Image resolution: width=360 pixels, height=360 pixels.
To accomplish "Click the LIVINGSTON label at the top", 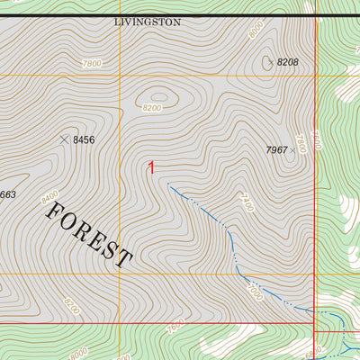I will click(x=148, y=22).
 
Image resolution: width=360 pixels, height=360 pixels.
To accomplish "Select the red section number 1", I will click(x=152, y=167).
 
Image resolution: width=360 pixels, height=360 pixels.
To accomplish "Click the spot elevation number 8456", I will click(x=84, y=140).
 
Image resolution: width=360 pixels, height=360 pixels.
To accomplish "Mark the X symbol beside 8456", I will click(x=64, y=139).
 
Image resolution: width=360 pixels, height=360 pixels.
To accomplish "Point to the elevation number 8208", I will click(x=287, y=62).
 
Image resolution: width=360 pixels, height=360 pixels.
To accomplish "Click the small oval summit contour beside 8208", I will click(x=267, y=62).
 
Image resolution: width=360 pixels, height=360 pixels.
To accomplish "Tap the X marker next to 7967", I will click(x=292, y=150).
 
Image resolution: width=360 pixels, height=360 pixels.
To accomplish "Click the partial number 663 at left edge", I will click(x=7, y=194).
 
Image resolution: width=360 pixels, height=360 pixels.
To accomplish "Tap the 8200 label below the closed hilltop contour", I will click(x=153, y=108).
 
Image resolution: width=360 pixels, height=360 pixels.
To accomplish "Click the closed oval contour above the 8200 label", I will click(x=158, y=94).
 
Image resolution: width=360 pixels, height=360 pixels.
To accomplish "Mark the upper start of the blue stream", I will click(x=167, y=184).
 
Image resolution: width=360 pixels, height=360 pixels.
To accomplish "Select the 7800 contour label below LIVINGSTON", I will click(x=92, y=63).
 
